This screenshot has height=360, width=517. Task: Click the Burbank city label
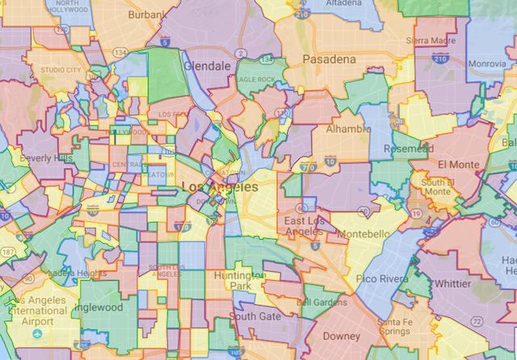(145, 15)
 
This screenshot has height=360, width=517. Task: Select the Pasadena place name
(329, 60)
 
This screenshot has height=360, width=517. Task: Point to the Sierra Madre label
(431, 40)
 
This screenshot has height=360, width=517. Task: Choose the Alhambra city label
(348, 128)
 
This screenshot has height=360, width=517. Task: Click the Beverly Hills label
(44, 157)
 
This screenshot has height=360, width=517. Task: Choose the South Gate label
(255, 316)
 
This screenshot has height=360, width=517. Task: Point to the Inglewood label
(99, 307)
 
